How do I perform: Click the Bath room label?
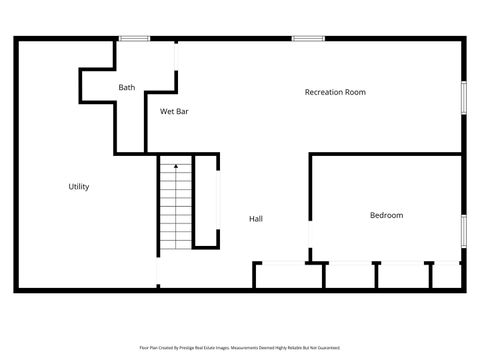[x=126, y=88]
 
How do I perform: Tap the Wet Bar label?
[x=175, y=111]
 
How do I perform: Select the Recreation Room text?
[x=335, y=92]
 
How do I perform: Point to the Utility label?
[x=79, y=187]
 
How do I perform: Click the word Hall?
[x=256, y=218]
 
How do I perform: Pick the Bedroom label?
[x=386, y=215]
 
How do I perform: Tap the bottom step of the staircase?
[x=175, y=247]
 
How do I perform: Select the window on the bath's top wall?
[x=134, y=39]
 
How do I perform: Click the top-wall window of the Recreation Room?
[x=308, y=39]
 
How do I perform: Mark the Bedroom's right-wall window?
[x=463, y=229]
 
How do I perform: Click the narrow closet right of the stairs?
[x=207, y=200]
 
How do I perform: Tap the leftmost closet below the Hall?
[x=288, y=276]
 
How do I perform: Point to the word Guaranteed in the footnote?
[x=325, y=348]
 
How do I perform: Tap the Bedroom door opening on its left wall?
[x=310, y=241]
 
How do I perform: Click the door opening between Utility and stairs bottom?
[x=157, y=270]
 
